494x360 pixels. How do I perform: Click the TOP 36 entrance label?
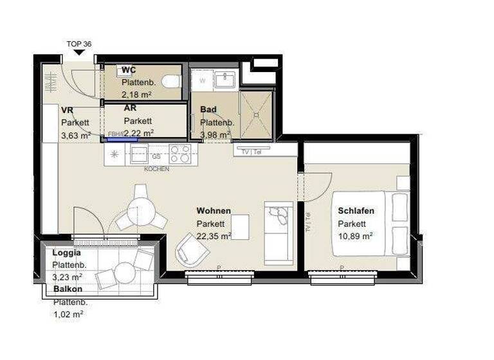click(79, 44)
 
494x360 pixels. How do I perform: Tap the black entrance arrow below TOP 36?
click(79, 53)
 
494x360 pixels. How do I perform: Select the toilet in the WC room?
click(170, 82)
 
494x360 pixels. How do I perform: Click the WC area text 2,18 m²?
click(137, 94)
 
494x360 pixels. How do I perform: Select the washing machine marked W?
click(202, 81)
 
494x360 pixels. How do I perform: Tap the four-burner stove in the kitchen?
click(179, 154)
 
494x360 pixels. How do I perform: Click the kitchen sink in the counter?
click(139, 154)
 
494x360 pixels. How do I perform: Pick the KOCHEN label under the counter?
click(156, 169)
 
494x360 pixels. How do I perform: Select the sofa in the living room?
click(279, 231)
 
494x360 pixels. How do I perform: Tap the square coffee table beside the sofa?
click(240, 227)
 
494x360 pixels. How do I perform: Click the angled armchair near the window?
click(192, 247)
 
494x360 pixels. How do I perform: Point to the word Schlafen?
click(356, 211)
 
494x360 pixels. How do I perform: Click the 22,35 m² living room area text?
click(214, 236)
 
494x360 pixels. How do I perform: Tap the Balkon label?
click(68, 289)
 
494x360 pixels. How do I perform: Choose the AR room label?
click(130, 108)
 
